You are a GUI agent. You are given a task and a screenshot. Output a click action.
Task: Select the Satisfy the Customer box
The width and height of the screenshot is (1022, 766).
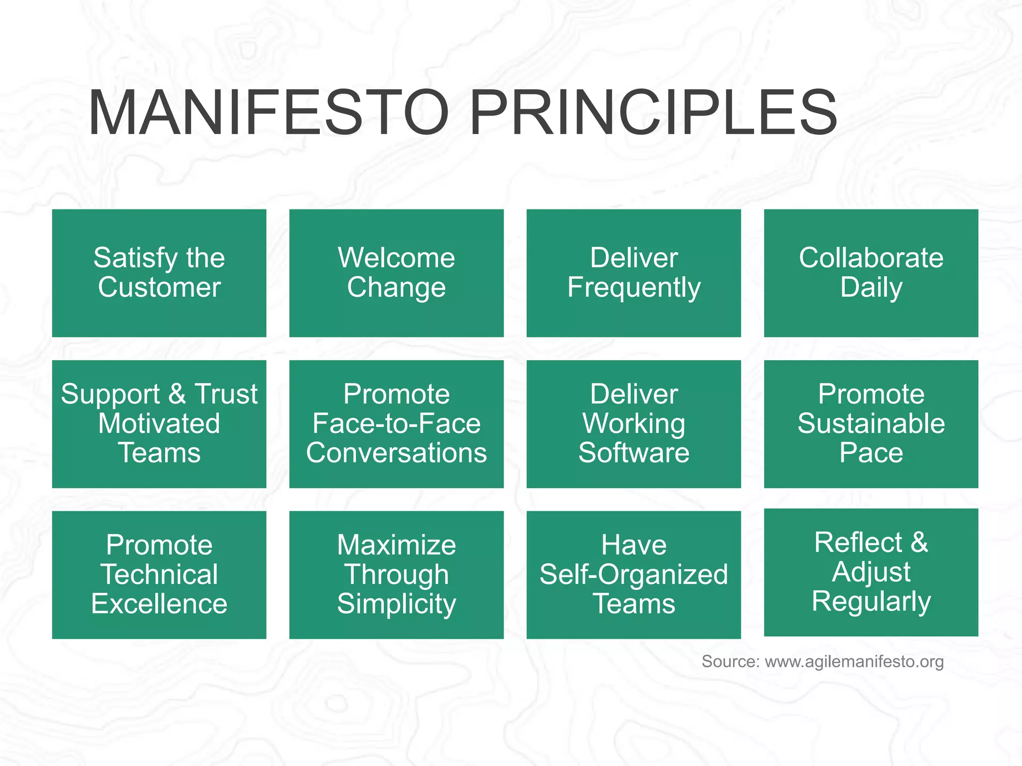pos(159,273)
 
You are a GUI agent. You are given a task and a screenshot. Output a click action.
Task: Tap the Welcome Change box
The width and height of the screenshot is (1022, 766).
pos(396,273)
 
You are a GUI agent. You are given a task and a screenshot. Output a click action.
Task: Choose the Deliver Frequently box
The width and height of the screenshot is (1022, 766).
pos(633,273)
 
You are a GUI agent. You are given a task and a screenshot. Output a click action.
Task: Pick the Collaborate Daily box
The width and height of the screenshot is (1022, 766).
pos(871,273)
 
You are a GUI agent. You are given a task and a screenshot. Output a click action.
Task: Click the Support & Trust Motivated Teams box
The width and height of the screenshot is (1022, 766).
pos(159,424)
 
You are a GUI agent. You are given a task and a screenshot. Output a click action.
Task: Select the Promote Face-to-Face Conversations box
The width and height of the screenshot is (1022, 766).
pos(396,424)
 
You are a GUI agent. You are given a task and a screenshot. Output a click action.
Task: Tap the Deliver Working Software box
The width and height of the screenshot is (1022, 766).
pos(633,424)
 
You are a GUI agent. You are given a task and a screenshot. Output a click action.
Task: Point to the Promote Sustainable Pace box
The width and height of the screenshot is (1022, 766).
pos(871,424)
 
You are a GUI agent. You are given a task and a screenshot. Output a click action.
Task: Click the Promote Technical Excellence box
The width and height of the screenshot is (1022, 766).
pos(159,574)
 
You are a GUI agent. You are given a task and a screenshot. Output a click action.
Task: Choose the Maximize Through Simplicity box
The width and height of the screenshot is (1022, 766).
pos(396,574)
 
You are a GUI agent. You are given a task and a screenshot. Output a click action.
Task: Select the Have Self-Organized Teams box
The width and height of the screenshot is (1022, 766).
pos(633,574)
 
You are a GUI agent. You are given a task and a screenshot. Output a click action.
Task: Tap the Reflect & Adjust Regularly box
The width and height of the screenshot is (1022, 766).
pos(871,572)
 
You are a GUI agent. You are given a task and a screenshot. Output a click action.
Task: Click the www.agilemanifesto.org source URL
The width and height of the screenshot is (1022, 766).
pos(854,662)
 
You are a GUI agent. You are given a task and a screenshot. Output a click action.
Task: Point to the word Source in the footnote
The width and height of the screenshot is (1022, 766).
pos(730,662)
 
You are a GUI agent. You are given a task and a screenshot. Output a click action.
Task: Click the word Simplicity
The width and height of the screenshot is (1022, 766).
pos(396,604)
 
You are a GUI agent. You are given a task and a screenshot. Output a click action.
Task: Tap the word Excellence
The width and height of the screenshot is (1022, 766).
pos(159,604)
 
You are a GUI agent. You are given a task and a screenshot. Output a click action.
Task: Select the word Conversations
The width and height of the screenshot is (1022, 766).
pos(396,453)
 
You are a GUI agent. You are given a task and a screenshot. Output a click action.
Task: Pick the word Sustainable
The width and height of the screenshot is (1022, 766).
pos(871,423)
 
